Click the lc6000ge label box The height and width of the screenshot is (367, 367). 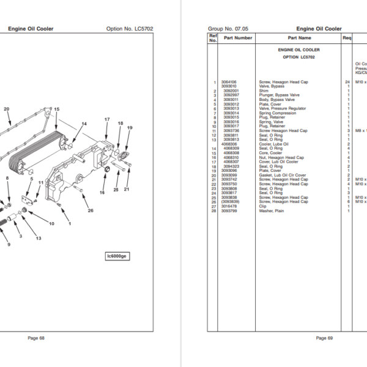118,256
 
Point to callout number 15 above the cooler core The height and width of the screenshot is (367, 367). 56,109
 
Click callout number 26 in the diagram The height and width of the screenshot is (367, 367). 91,211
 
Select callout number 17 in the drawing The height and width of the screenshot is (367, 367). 106,119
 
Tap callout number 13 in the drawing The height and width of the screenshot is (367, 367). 38,238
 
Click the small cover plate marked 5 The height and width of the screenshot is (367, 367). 27,201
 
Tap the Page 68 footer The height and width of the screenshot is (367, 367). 36,338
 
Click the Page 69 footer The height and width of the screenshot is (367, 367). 324,338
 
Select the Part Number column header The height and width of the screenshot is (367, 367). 238,38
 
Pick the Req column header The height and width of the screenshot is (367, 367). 347,38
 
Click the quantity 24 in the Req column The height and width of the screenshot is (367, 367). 347,81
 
